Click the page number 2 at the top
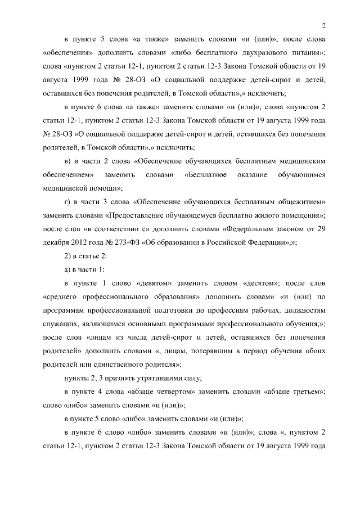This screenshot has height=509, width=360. pyautogui.click(x=325, y=25)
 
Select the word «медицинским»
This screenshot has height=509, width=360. pyautogui.click(x=299, y=161)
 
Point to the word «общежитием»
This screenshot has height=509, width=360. pyautogui.click(x=298, y=201)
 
